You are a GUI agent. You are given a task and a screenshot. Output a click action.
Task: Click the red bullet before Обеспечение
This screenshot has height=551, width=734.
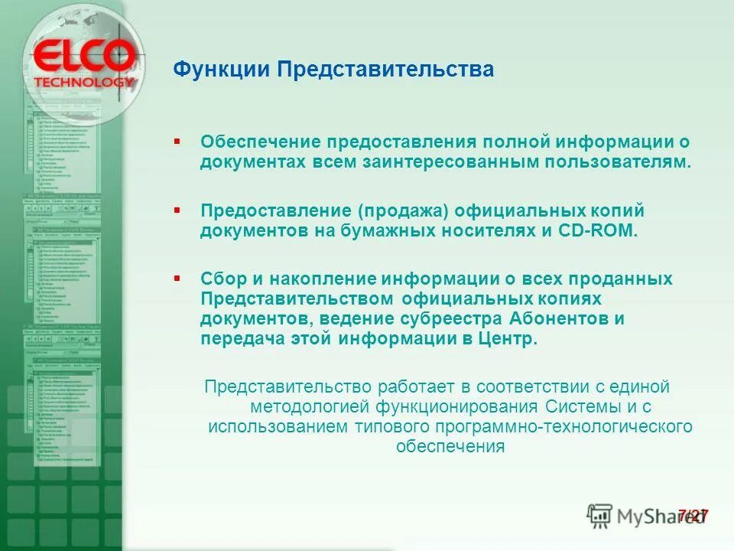point(177,142)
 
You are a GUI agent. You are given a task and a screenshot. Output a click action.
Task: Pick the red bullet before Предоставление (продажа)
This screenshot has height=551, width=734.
point(177,209)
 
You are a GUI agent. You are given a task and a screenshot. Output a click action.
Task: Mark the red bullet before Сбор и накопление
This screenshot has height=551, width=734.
point(177,276)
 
